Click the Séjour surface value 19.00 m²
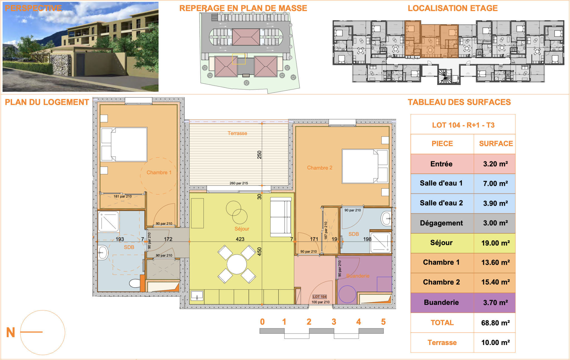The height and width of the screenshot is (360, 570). pos(495,243)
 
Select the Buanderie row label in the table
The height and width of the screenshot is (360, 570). pos(441,302)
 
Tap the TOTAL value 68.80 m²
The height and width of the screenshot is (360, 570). pos(495,323)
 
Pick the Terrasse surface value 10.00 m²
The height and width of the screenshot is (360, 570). pos(495,342)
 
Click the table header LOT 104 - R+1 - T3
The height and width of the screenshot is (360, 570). pos(463,125)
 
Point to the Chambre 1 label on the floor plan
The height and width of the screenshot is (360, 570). pos(159,173)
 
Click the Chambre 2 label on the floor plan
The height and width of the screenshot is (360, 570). pos(320,168)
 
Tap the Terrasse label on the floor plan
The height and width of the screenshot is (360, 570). pos(237,133)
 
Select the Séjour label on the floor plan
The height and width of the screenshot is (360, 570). pos(242,229)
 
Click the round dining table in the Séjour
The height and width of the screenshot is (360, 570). pos(237,264)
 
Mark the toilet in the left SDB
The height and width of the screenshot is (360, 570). pos(135,283)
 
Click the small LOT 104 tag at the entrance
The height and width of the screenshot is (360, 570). pos(320,297)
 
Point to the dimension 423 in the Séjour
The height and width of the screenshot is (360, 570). pos(240,239)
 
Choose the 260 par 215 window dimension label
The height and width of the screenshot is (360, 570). pos(239,183)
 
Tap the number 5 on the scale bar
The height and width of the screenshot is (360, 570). pos(383,322)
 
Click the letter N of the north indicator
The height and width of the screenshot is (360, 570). pos(11,332)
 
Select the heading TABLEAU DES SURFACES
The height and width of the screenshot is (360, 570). pos(459,102)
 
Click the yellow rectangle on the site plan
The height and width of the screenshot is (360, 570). pos(239,59)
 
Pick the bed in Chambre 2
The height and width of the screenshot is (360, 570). pos(365,166)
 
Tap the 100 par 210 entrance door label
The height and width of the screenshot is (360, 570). pos(320,302)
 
